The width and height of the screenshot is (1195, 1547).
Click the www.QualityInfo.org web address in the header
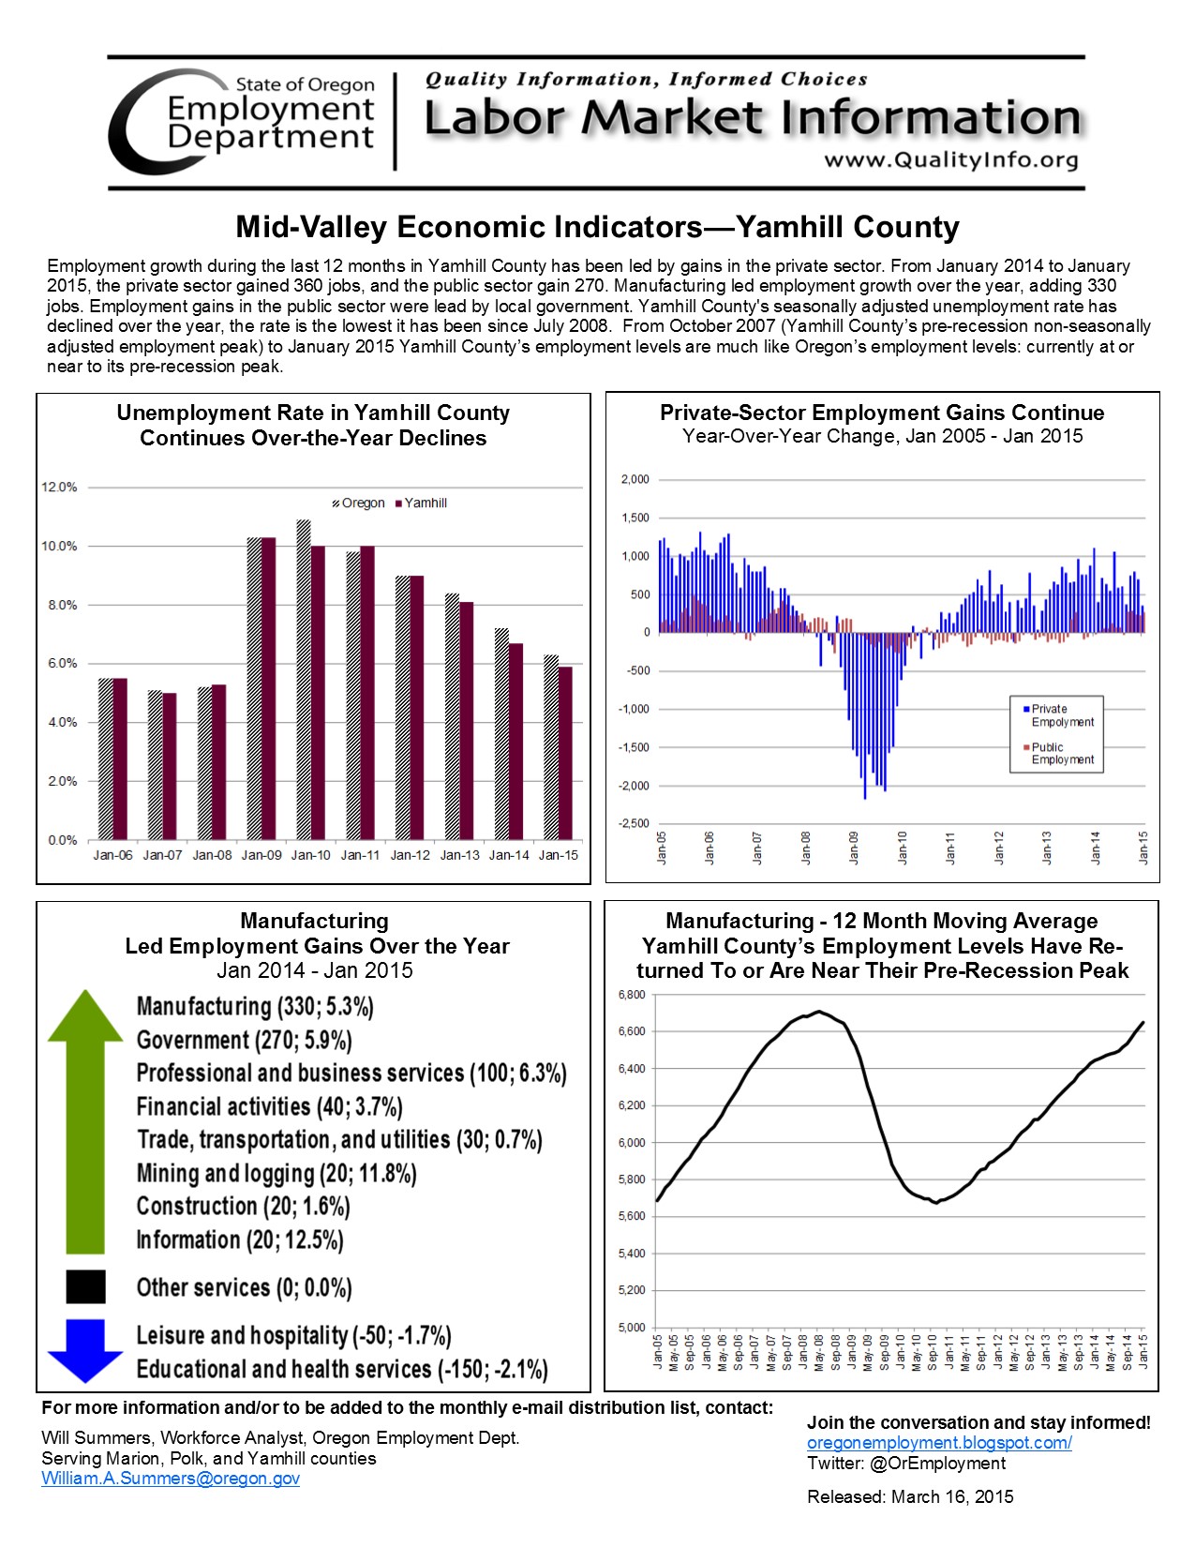(950, 160)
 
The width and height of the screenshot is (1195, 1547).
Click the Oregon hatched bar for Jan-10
(304, 679)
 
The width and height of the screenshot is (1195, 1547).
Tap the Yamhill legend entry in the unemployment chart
(421, 503)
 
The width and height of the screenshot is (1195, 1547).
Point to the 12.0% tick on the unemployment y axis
(59, 488)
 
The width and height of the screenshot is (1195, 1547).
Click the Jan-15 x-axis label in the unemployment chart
(559, 855)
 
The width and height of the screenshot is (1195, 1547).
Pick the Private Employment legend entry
(1057, 715)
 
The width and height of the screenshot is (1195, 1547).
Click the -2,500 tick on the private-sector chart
(635, 823)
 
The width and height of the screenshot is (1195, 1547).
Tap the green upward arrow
(85, 1120)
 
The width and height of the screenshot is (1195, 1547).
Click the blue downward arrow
(85, 1350)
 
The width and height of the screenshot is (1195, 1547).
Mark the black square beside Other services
(85, 1286)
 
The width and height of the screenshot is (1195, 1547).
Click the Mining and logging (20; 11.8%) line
(276, 1173)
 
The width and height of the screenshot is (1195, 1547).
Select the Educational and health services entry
(342, 1369)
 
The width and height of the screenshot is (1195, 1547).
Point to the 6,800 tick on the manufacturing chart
(632, 995)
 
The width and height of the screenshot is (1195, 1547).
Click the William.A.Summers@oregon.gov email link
(171, 1479)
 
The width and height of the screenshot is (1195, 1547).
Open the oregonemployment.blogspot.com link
(939, 1443)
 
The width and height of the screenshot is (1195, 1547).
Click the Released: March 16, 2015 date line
(910, 1496)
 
